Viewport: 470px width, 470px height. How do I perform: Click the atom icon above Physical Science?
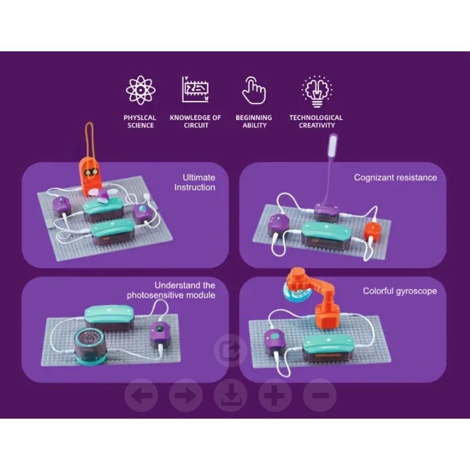pyautogui.click(x=141, y=90)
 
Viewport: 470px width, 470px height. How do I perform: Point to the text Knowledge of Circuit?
pyautogui.click(x=195, y=121)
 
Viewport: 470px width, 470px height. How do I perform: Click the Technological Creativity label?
pyautogui.click(x=316, y=121)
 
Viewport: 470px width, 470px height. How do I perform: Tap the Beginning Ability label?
pyautogui.click(x=253, y=121)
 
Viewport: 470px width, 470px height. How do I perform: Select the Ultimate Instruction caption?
pyautogui.click(x=194, y=183)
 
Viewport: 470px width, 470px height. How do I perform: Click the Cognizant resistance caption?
pyautogui.click(x=395, y=178)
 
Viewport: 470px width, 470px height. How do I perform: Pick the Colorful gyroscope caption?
pyautogui.click(x=400, y=291)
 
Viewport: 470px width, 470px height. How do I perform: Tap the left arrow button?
pyautogui.click(x=141, y=396)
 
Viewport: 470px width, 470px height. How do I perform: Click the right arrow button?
pyautogui.click(x=186, y=396)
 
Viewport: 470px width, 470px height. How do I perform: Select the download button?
pyautogui.click(x=231, y=396)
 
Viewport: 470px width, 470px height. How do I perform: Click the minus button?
pyautogui.click(x=320, y=396)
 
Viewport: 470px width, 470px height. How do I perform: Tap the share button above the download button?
pyautogui.click(x=231, y=351)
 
